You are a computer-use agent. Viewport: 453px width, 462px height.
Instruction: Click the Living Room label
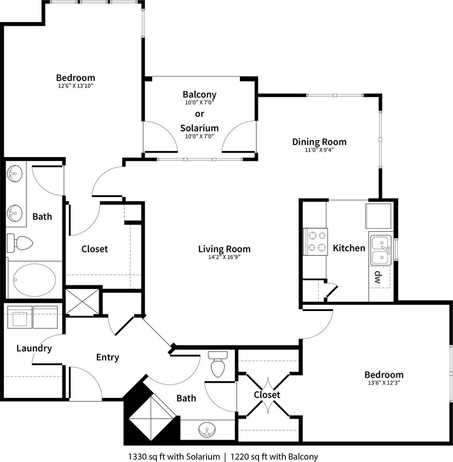coord(220,250)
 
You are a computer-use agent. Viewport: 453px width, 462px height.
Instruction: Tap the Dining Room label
coord(319,142)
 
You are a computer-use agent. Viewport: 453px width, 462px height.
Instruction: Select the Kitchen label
coord(349,249)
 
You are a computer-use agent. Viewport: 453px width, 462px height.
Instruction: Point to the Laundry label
coord(34,348)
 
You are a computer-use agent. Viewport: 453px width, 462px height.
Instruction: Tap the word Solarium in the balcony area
coord(199,129)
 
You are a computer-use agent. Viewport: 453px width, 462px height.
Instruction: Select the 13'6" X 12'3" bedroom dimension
coord(383,383)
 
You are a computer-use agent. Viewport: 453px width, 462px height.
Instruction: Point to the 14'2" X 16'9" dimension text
coord(220,258)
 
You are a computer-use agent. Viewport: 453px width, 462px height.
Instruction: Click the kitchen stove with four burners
coord(316,241)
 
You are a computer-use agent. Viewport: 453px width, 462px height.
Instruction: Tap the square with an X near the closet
coord(83,301)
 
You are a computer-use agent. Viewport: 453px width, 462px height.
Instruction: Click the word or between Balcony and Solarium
coord(199,114)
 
